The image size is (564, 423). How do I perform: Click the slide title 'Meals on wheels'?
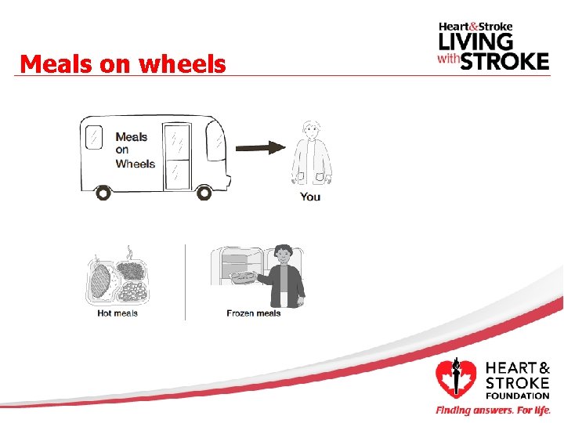pos(123,63)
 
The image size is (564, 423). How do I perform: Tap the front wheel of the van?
pos(204,192)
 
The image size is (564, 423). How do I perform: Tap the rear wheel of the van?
pos(102,192)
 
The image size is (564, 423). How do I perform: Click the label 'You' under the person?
pos(310,197)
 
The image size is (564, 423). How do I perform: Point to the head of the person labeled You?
pos(312,130)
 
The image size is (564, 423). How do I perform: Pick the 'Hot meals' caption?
pos(117,313)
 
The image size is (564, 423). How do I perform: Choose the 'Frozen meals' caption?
pos(253,313)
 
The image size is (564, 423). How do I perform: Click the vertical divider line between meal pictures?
pos(186,282)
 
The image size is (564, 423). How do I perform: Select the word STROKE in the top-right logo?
pos(504,60)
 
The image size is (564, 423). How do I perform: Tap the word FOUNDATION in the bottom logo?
pos(518,396)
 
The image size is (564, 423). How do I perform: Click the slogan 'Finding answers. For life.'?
pos(493,410)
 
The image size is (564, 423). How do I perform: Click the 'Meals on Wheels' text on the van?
pos(135,150)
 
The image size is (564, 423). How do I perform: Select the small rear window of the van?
pos(93,137)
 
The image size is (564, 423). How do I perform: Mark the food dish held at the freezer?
pos(244,277)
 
